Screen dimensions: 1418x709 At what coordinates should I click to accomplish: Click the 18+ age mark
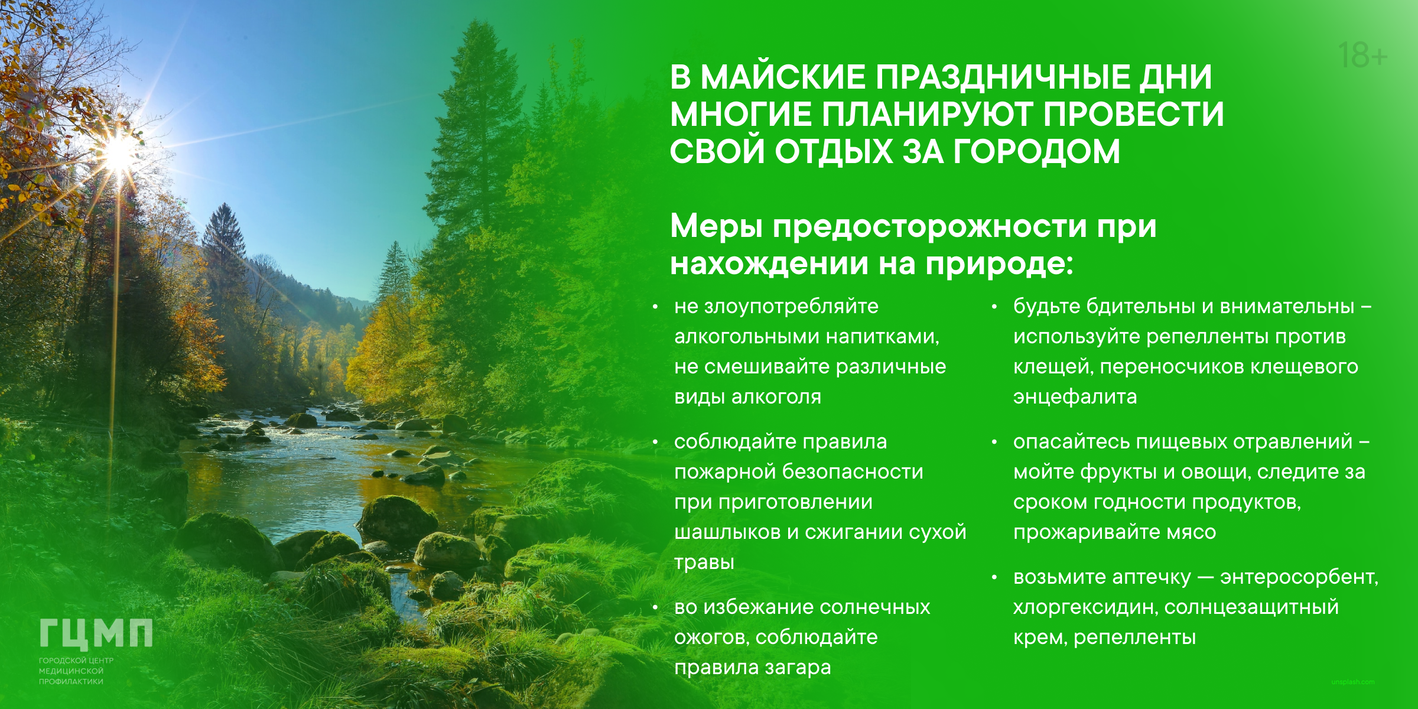(1362, 55)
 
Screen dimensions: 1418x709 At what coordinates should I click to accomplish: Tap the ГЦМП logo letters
(96, 633)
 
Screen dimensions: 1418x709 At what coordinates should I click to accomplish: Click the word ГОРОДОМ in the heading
(1036, 151)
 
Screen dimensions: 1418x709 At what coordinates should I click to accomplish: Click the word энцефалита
(1075, 396)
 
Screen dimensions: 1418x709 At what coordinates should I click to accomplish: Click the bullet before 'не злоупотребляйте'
(655, 307)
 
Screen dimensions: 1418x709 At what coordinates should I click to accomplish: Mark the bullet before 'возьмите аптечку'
(994, 577)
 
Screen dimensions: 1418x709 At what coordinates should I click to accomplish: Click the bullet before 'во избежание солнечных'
(655, 607)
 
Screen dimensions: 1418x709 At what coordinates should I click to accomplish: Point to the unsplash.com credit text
(1352, 682)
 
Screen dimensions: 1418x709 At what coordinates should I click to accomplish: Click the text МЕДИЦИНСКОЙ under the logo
(71, 671)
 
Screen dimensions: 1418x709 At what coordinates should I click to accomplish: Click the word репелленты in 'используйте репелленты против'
(1208, 337)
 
